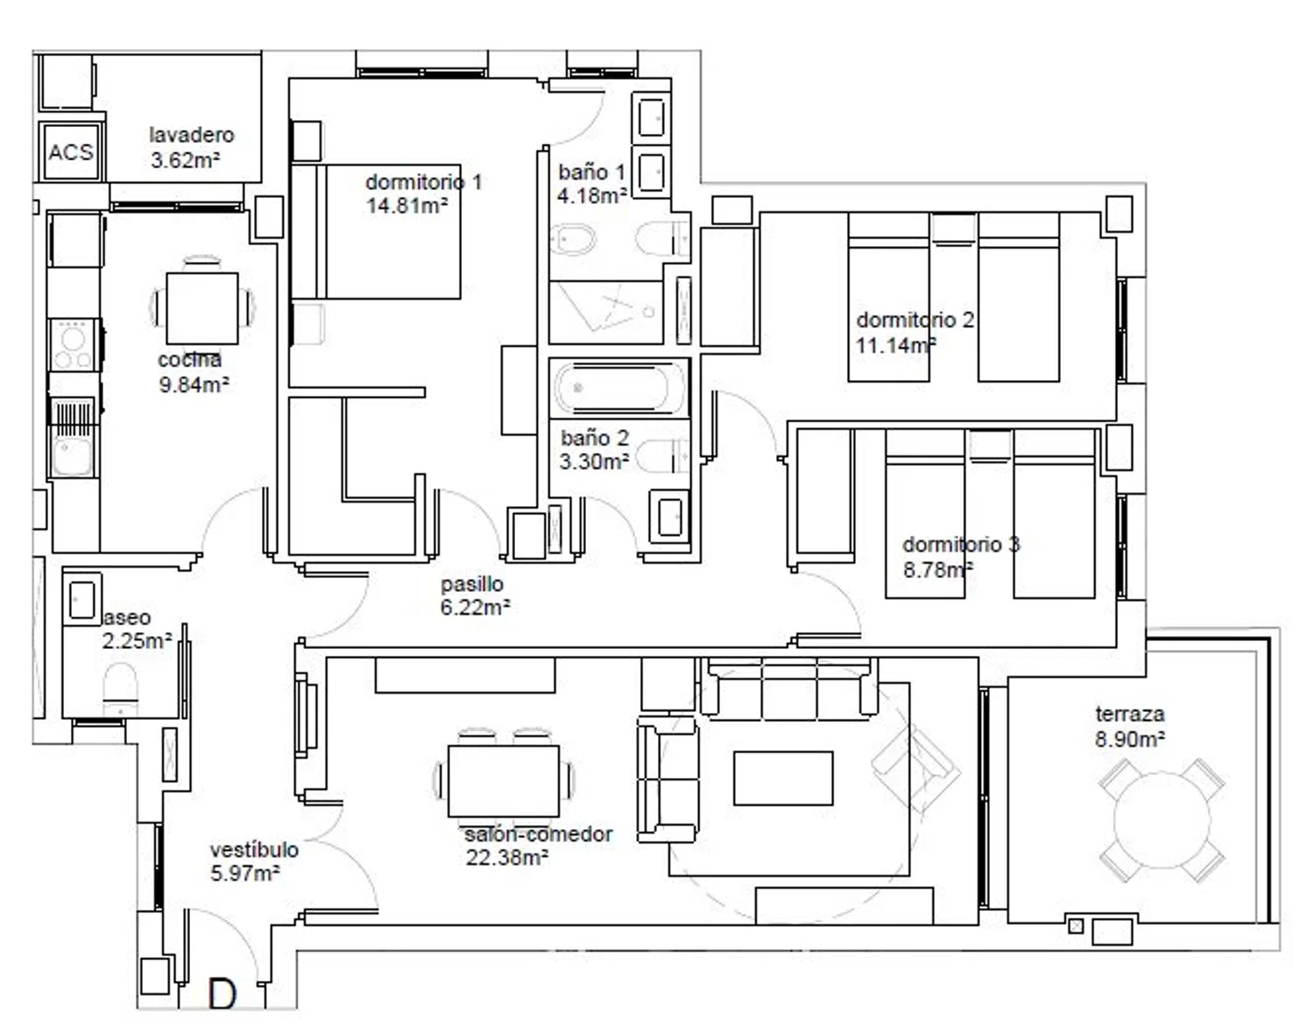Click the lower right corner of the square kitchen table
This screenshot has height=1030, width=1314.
pos(238,344)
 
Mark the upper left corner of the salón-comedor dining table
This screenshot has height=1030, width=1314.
pos(449,745)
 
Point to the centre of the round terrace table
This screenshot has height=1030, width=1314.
pos(1162,820)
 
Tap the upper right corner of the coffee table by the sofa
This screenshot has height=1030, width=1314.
pos(833,752)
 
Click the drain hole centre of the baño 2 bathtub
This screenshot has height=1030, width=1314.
pos(578,387)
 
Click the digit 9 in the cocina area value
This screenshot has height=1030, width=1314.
pos(165,384)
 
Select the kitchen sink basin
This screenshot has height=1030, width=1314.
pos(73,455)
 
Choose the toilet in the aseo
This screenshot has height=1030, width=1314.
pos(120,689)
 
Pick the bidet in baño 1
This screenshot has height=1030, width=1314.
pos(572,240)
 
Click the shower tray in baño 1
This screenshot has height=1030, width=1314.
pos(606,312)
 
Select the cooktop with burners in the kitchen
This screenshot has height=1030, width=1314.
pos(74,345)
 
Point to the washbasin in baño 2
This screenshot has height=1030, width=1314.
pos(669,517)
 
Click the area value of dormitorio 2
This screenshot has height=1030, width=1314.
pos(896,345)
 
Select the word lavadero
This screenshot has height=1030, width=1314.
pos(192,135)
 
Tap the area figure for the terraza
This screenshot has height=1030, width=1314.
pos(1129,738)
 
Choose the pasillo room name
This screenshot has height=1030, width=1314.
pos(472,584)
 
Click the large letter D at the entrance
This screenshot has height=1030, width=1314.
pos(222,994)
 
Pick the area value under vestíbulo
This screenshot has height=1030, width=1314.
pos(245,873)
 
